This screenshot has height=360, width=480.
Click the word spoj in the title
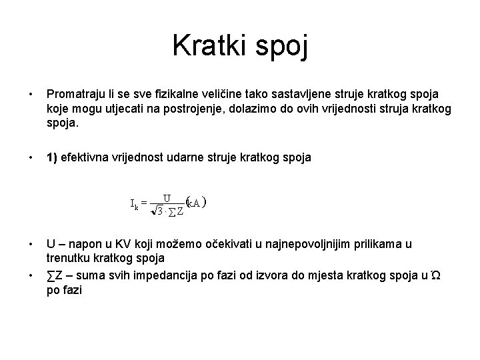283,47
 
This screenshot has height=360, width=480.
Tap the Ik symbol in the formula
134,203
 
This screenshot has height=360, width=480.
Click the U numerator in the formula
167,197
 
